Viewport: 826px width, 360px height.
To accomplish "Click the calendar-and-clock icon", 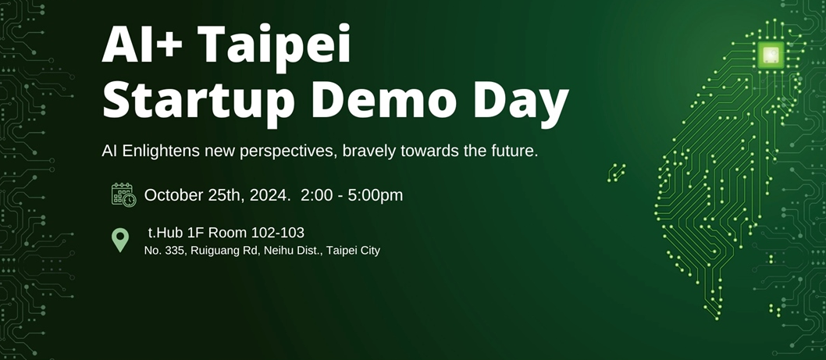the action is (124, 194).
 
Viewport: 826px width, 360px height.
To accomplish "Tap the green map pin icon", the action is (120, 241).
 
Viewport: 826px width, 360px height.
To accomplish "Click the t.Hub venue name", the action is (163, 233).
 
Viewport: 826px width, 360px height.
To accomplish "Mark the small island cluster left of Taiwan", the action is (616, 173).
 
